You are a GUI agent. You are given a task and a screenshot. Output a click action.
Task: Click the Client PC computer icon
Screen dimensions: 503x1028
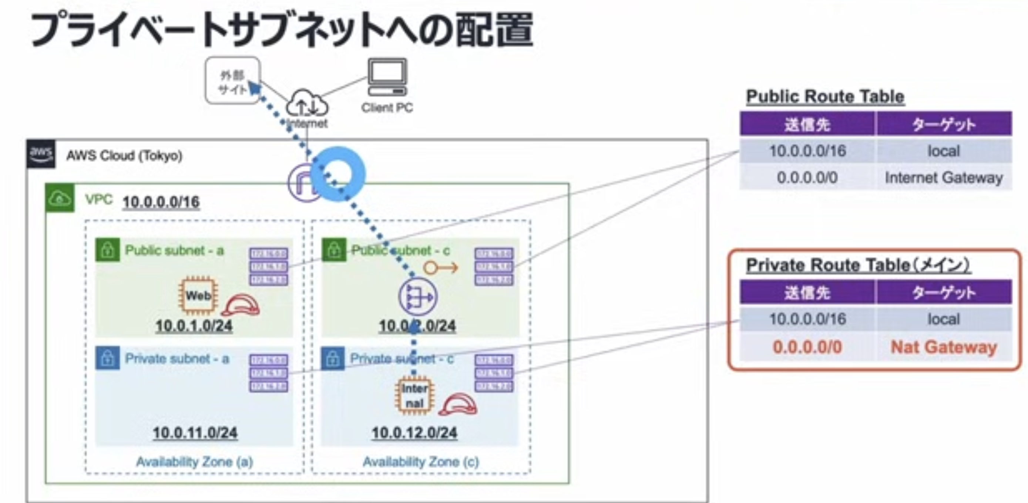(x=387, y=77)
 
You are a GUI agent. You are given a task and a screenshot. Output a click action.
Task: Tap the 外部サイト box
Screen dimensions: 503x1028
(x=233, y=81)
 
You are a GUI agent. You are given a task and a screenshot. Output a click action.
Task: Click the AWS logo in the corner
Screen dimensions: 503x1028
(x=41, y=154)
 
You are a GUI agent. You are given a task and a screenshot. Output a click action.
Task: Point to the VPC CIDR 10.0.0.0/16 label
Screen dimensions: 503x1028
(x=161, y=202)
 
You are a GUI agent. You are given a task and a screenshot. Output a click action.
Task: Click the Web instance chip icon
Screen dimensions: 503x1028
(x=198, y=295)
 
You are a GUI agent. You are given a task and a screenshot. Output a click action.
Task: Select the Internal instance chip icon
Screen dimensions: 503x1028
(x=414, y=396)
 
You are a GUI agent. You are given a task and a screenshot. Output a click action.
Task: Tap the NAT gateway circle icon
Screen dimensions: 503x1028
(x=417, y=297)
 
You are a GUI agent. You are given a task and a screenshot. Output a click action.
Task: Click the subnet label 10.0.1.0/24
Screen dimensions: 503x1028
(x=194, y=326)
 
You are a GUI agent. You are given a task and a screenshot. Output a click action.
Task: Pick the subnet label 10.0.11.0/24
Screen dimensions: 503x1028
(x=195, y=433)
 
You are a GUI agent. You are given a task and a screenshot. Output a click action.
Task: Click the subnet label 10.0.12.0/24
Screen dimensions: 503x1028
(x=414, y=433)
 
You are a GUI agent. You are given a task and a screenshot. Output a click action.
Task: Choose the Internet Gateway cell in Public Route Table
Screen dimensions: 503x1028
(x=943, y=178)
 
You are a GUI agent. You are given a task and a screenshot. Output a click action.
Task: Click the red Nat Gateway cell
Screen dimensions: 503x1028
(x=943, y=347)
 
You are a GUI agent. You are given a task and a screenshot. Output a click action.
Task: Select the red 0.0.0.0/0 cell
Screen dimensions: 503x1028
(x=807, y=347)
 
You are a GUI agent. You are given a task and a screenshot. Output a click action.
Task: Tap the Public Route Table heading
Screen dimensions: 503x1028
(x=825, y=97)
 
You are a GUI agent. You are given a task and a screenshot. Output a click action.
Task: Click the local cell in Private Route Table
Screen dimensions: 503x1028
(x=943, y=319)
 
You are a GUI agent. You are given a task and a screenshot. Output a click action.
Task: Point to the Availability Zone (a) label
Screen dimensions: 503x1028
(x=195, y=462)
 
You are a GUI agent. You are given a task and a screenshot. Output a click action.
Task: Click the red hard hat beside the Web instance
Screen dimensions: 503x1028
(x=241, y=305)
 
